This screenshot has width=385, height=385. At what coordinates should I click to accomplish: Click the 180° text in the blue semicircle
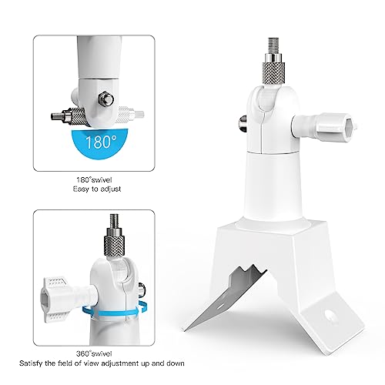pos(112,142)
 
